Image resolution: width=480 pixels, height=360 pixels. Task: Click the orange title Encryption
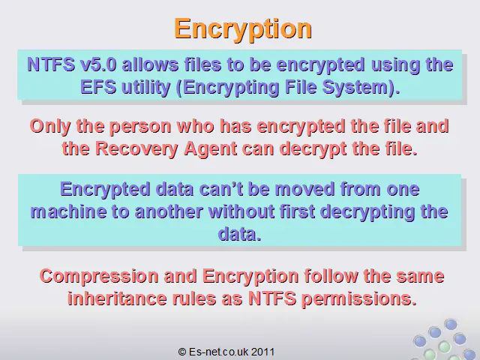point(243,29)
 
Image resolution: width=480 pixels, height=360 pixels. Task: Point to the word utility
point(145,88)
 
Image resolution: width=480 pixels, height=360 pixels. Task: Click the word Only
point(50,127)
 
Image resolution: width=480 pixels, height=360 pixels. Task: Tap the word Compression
point(99,276)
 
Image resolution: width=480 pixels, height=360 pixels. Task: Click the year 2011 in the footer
point(263,352)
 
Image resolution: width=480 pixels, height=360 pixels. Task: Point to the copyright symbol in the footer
point(181,352)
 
